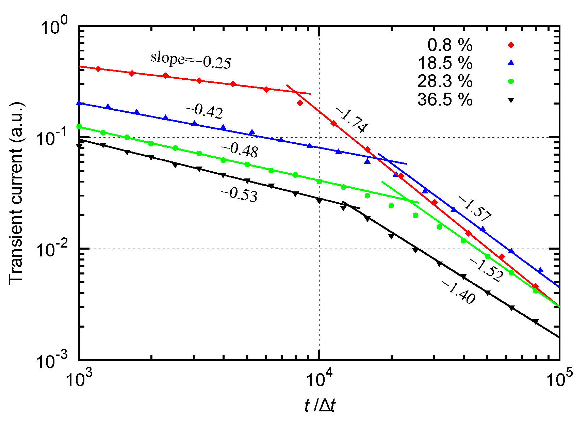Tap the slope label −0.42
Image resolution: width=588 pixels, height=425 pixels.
coord(205,111)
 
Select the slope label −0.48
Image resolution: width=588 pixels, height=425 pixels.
coord(240,150)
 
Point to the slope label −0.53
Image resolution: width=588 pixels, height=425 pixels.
coord(239,195)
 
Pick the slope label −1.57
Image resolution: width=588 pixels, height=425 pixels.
coord(475,208)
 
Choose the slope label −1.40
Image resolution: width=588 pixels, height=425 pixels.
coord(458,292)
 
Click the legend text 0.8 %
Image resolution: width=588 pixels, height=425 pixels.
coord(450,45)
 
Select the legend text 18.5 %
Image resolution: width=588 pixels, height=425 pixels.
coord(445,63)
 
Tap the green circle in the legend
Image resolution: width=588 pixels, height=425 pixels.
coord(511,81)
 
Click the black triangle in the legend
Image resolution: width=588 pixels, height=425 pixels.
coord(511,100)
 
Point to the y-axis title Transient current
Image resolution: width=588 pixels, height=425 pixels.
coord(16,193)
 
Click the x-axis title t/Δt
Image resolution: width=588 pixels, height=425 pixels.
coord(320,406)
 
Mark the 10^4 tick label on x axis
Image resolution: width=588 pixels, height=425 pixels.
coord(319,378)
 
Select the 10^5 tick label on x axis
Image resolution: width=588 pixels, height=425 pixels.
coord(559,378)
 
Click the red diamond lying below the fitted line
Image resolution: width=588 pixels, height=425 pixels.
coord(300,103)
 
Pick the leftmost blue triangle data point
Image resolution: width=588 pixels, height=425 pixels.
coord(79,103)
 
